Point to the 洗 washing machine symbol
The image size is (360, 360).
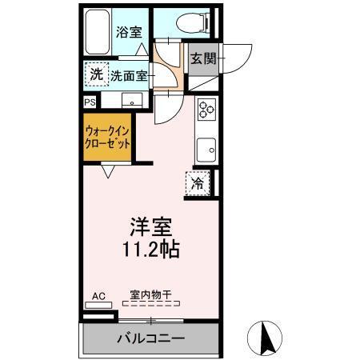click(x=96, y=74)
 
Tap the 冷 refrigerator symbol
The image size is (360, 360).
click(x=197, y=182)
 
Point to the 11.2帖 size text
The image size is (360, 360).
click(x=150, y=249)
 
